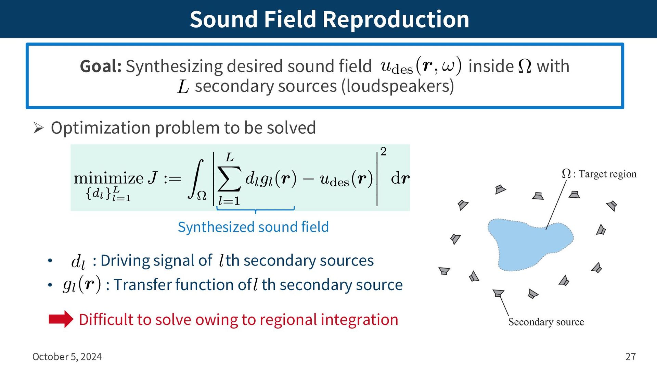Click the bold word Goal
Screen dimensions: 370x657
101,66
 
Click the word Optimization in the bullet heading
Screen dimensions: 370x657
101,128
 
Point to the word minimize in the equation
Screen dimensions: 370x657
108,178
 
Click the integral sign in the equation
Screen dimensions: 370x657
196,179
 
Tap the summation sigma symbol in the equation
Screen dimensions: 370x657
229,179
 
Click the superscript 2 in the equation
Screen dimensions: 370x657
383,151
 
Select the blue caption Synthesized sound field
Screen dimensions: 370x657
253,227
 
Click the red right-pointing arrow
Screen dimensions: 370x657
61,319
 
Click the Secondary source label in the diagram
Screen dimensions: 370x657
546,322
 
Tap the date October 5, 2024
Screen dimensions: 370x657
67,357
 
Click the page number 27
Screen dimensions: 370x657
630,357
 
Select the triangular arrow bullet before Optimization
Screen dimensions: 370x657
38,128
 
